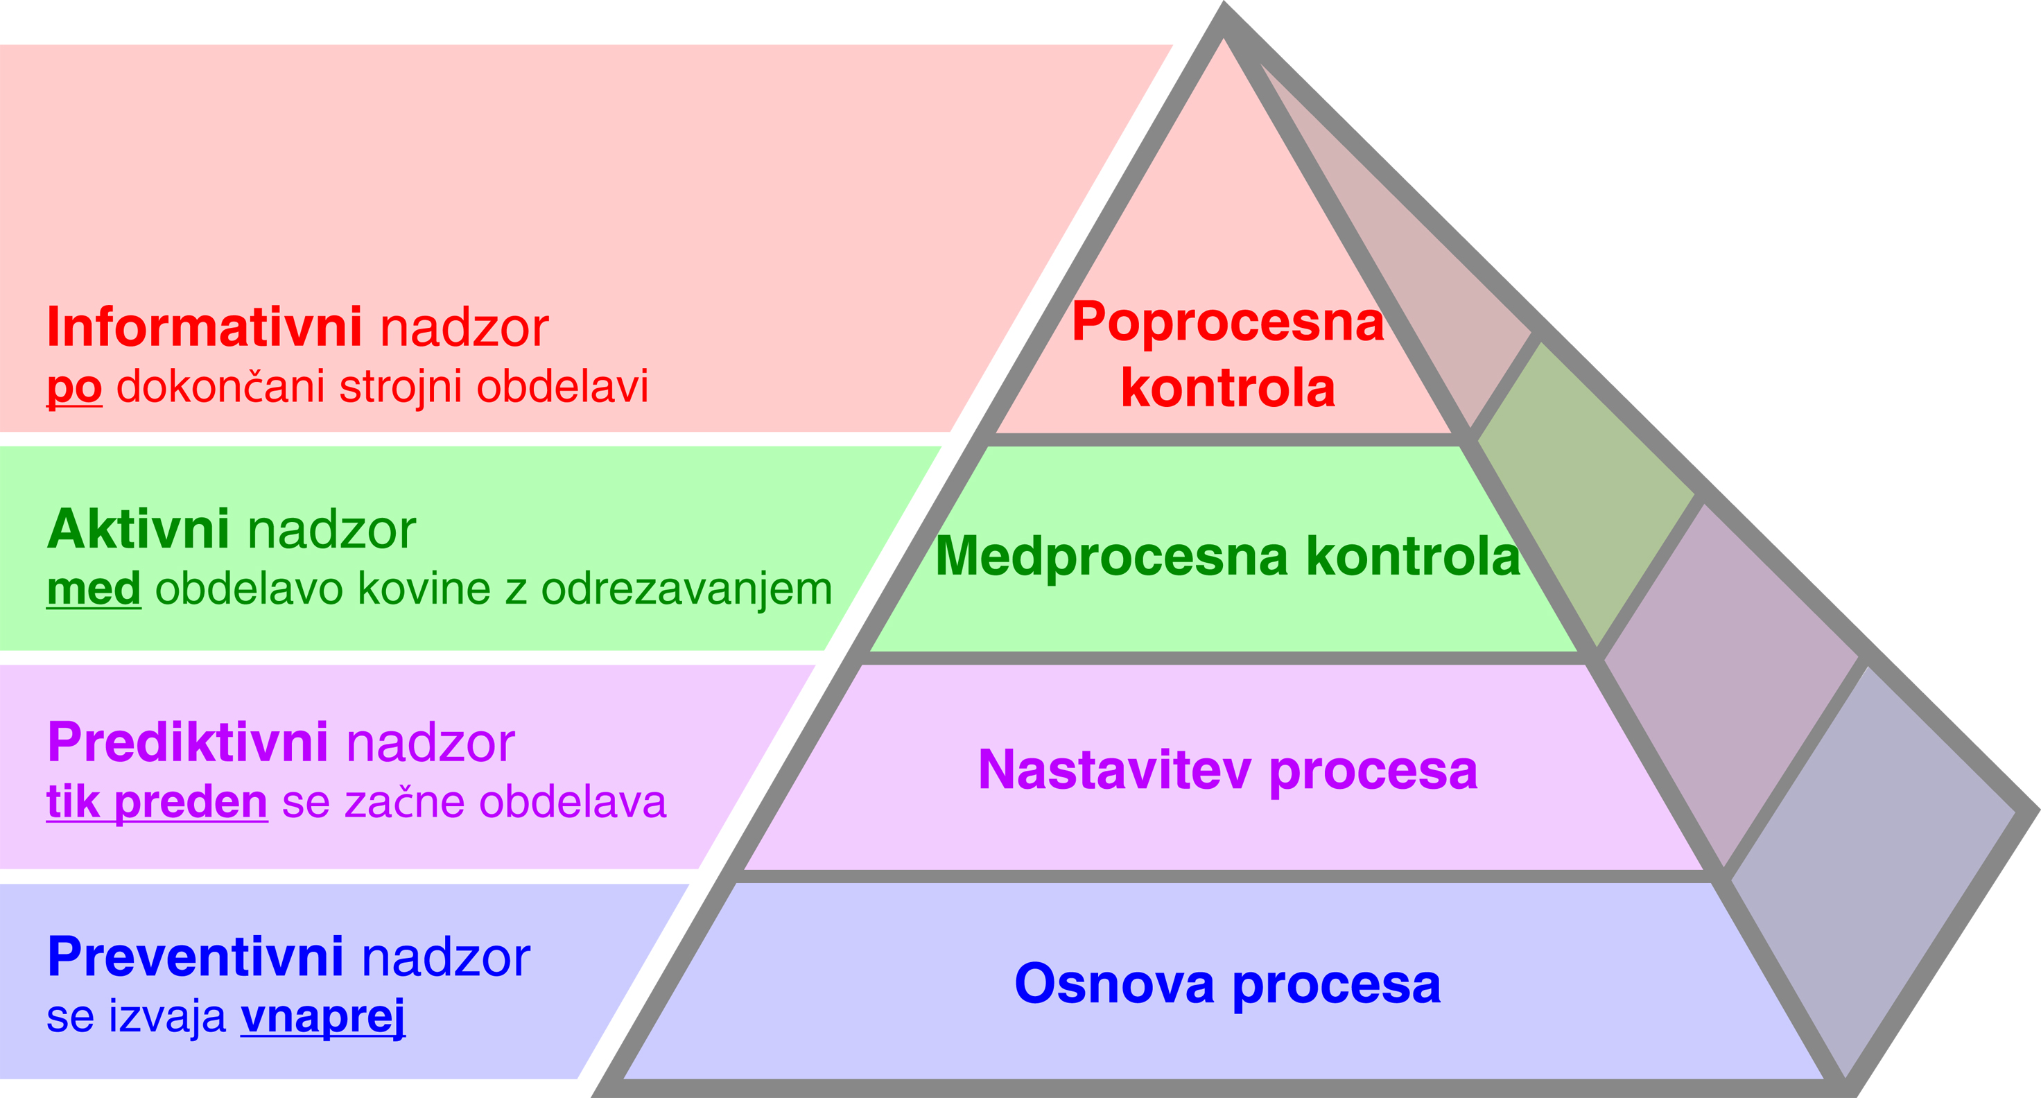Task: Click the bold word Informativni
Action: [205, 327]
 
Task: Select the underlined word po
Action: [74, 387]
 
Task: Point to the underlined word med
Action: [94, 589]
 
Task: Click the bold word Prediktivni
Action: [188, 742]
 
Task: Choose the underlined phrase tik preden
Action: [157, 802]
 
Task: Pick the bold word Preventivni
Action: [195, 957]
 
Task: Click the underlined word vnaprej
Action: [322, 1016]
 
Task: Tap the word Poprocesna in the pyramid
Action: [1227, 322]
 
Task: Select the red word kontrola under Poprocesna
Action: [1228, 388]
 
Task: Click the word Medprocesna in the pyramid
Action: [1111, 556]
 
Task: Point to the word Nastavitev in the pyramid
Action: [1114, 770]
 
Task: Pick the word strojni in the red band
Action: [401, 387]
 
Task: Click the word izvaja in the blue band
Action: [167, 1016]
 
